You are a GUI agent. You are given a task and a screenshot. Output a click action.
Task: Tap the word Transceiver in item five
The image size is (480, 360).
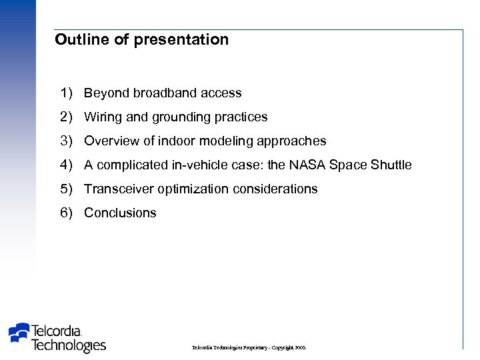(119, 189)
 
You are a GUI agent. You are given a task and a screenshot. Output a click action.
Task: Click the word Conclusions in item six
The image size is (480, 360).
(120, 213)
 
